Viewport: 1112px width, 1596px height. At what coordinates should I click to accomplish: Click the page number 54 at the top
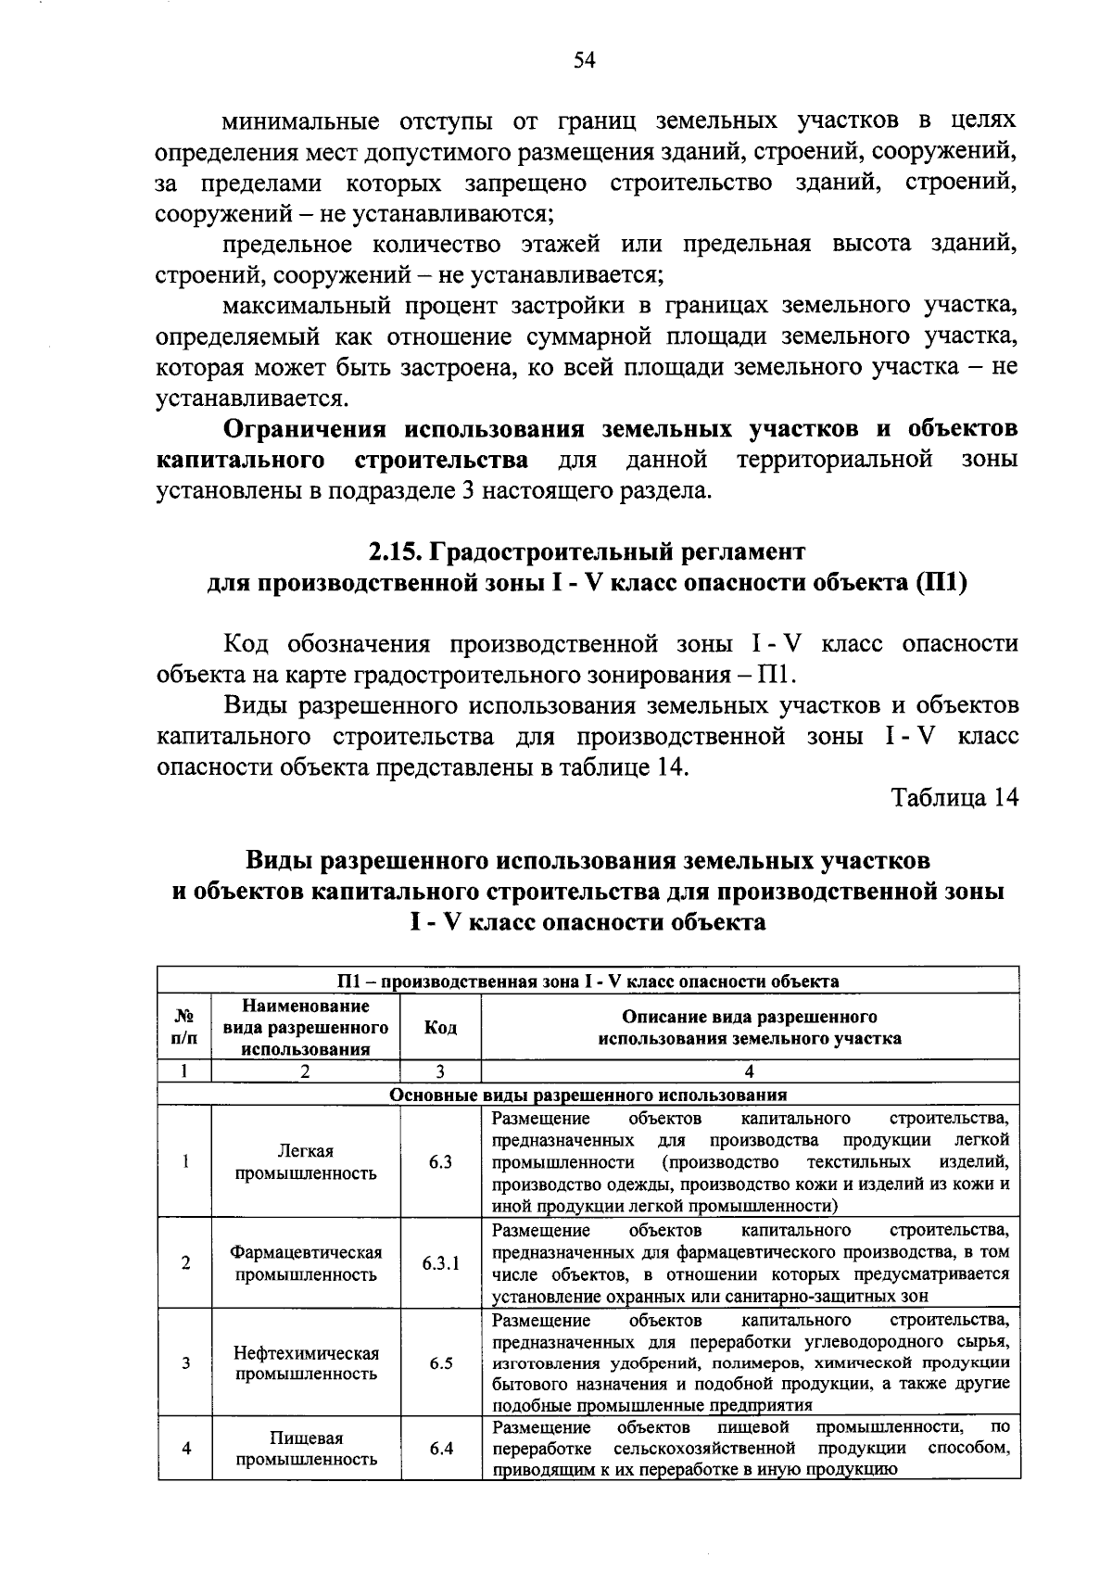click(x=583, y=60)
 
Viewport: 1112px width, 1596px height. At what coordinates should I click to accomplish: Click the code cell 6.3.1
click(x=440, y=1263)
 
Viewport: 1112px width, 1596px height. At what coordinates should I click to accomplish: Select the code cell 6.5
click(x=440, y=1363)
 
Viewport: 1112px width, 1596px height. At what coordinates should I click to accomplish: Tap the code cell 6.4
click(x=440, y=1448)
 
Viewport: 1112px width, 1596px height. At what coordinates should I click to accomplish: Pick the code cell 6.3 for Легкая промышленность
click(x=440, y=1162)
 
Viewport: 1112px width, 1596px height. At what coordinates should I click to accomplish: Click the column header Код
click(x=440, y=1027)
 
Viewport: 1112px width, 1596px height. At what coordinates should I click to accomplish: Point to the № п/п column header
click(x=185, y=1027)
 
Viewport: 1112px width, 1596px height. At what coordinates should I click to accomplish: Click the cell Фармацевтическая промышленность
click(x=306, y=1263)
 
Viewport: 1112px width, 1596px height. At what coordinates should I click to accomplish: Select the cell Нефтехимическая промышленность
click(x=306, y=1363)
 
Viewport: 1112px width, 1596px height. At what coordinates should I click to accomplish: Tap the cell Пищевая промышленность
click(x=306, y=1448)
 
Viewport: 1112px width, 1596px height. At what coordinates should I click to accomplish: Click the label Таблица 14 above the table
click(x=954, y=797)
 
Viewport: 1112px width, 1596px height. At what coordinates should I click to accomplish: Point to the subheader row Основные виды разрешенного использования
click(x=588, y=1095)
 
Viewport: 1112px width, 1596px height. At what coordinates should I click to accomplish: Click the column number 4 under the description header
click(x=750, y=1071)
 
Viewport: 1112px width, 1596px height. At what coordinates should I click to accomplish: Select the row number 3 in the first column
click(x=185, y=1363)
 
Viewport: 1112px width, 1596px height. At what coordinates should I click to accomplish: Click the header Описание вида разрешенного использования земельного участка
click(x=750, y=1027)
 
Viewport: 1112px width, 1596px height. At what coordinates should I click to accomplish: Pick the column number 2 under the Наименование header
click(x=306, y=1071)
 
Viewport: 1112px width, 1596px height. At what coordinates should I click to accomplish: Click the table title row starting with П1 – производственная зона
click(x=588, y=982)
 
